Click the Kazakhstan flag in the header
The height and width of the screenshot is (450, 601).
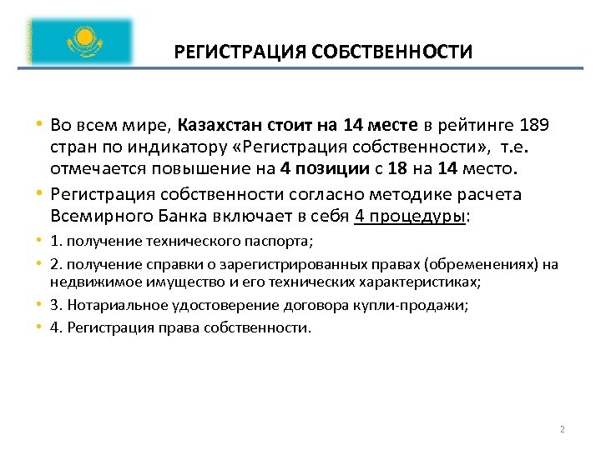coord(80,41)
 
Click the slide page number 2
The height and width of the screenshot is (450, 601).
coord(563,429)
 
